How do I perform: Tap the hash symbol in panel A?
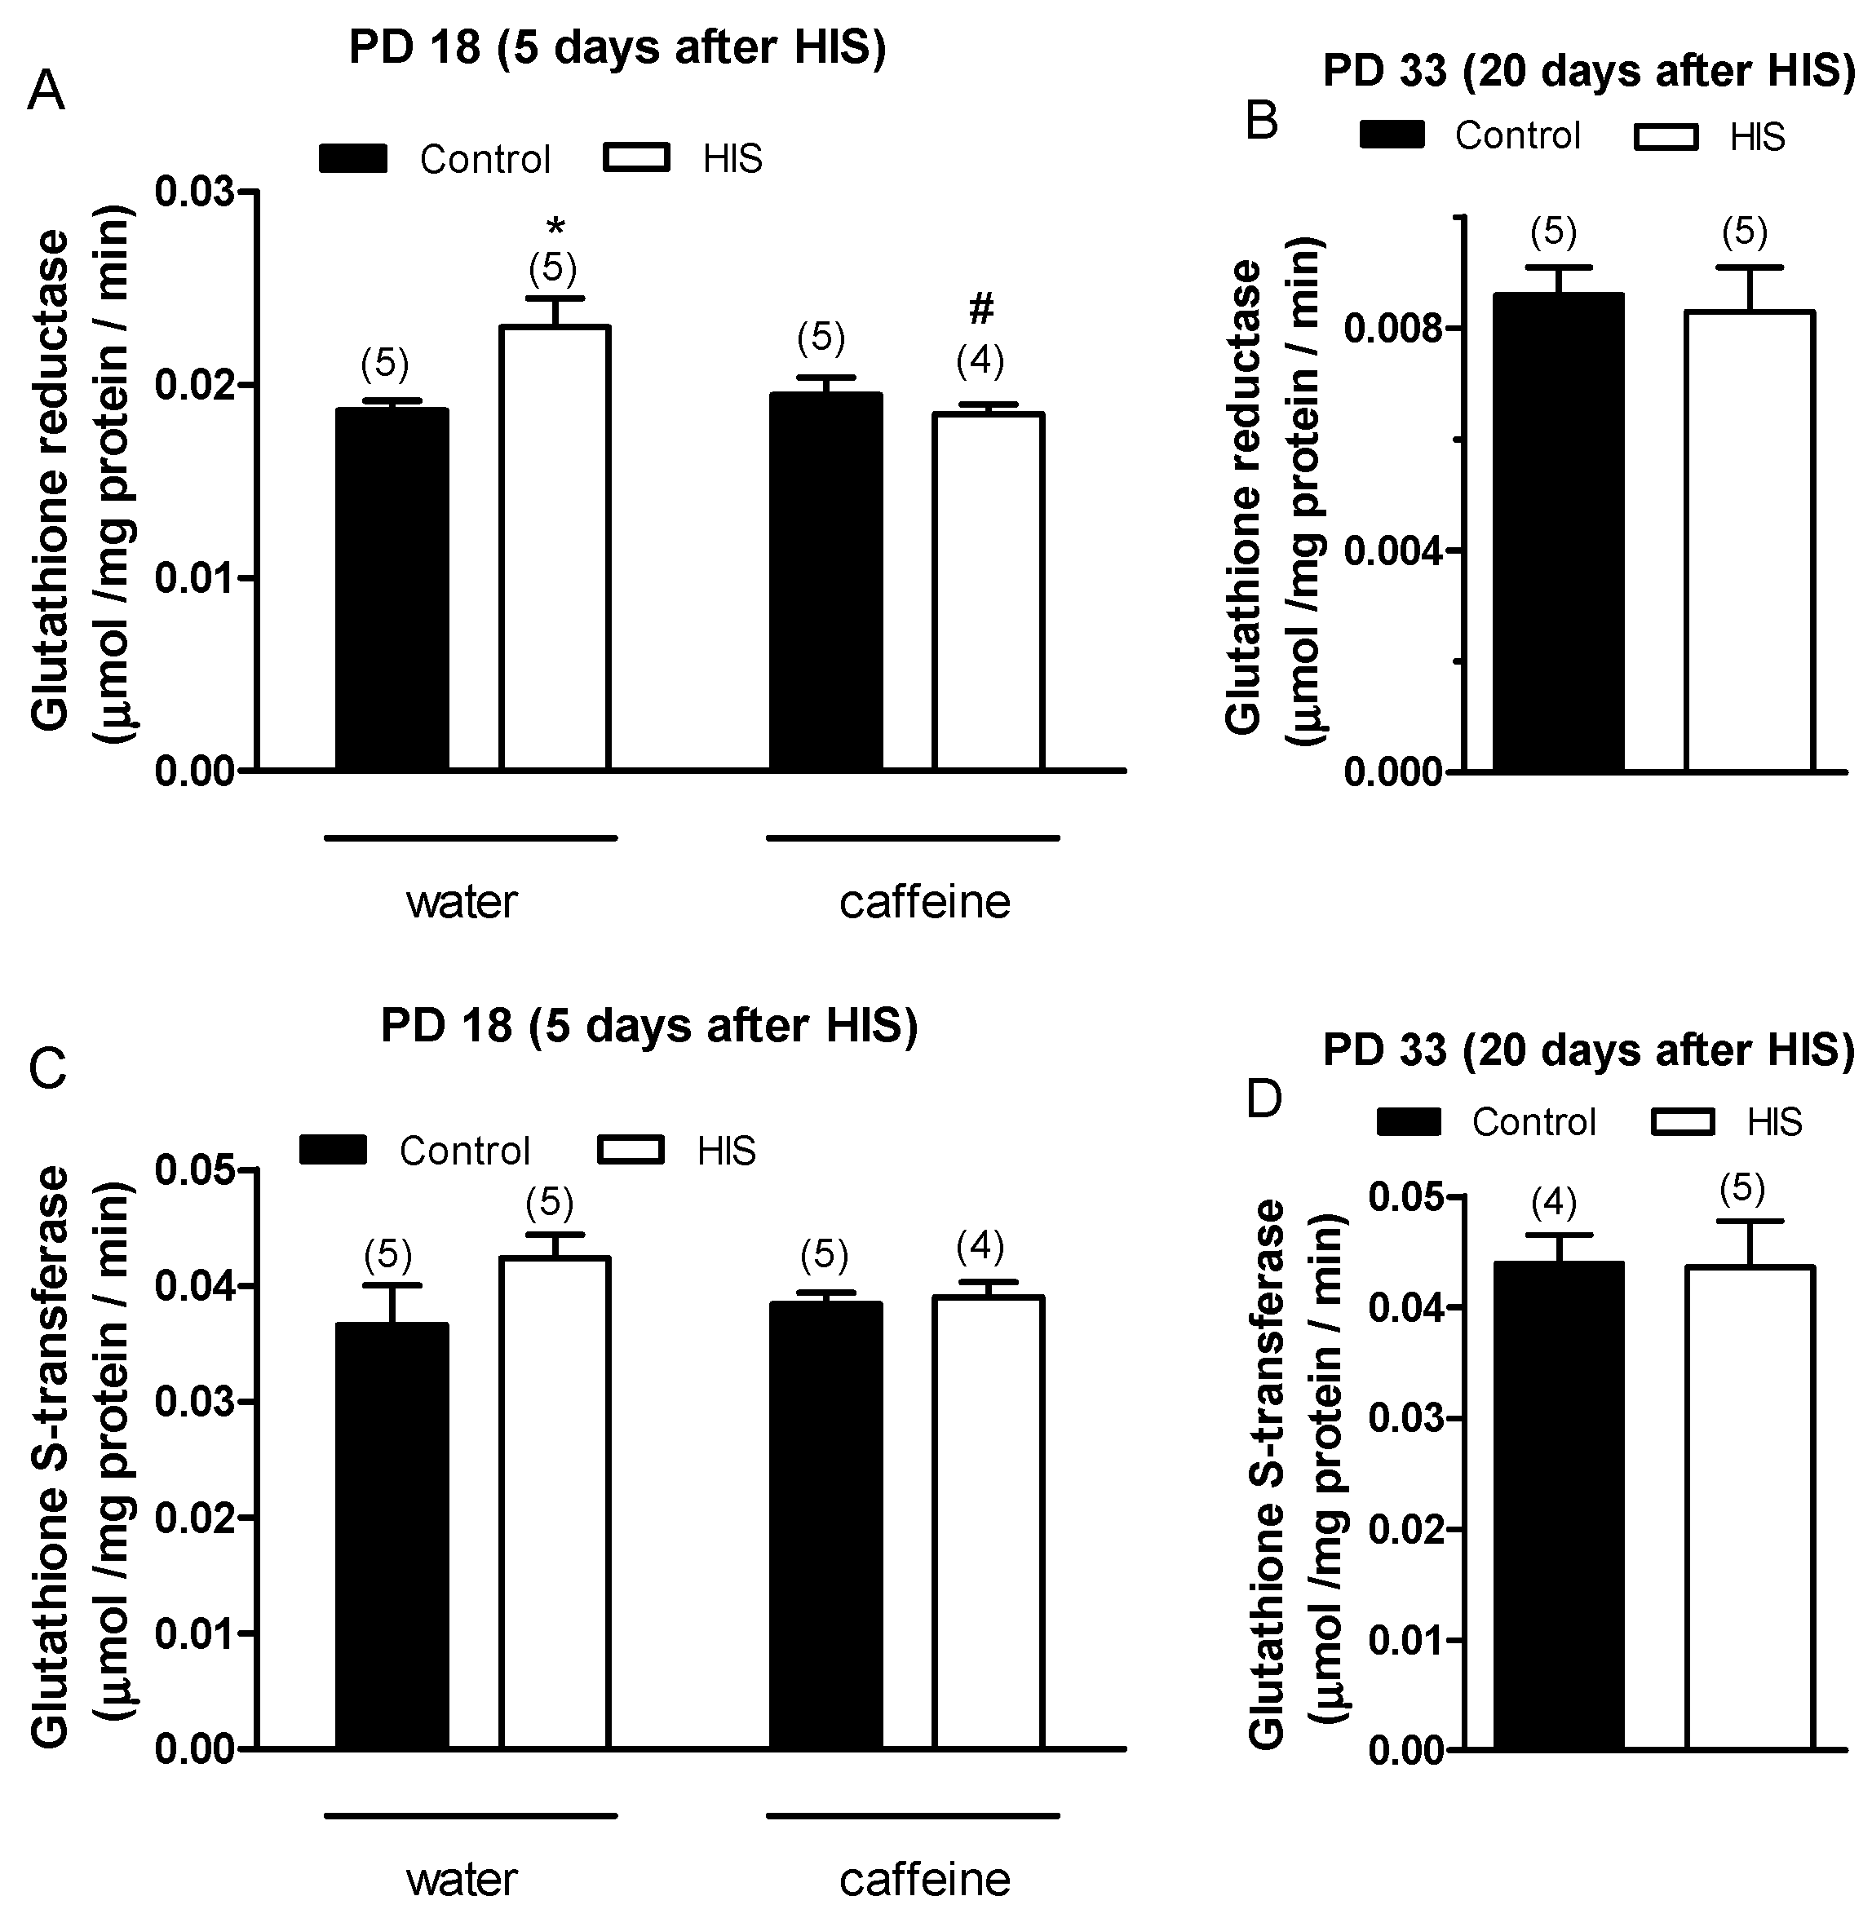click(x=980, y=311)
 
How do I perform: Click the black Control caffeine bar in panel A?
click(x=825, y=580)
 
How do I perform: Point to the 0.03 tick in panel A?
click(x=196, y=191)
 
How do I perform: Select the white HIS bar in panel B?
click(x=1749, y=540)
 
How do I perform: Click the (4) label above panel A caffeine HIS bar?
click(x=980, y=362)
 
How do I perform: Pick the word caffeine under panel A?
click(x=924, y=902)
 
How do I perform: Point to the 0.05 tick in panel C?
click(x=196, y=1170)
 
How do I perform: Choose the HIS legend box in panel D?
click(x=1682, y=1122)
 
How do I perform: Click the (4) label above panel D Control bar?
click(x=1553, y=1201)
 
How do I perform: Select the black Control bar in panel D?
click(x=1558, y=1505)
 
